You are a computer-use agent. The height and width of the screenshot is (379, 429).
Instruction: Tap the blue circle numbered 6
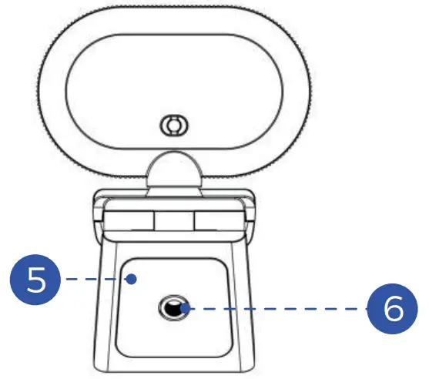coord(392,310)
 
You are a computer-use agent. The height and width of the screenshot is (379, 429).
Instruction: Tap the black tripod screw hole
coord(173,310)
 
